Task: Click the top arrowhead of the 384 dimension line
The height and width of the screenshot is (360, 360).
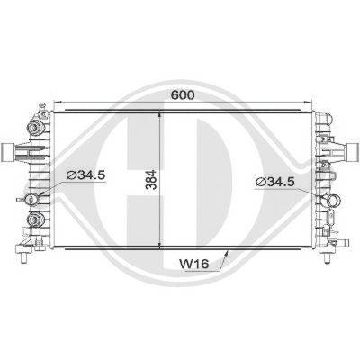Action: coord(162,114)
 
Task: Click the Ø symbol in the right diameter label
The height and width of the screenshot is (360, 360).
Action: coord(261,183)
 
